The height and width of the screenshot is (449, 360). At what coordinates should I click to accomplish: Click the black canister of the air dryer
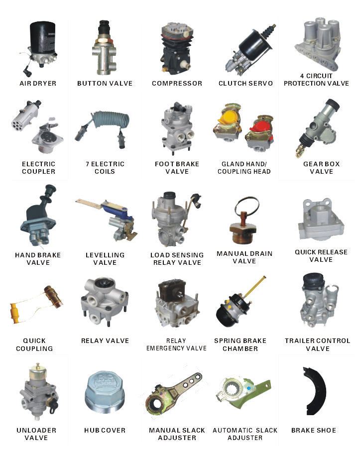coord(43,37)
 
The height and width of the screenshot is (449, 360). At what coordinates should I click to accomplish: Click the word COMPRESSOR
coord(177,84)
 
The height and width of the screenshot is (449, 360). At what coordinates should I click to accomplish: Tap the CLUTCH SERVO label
coord(246,84)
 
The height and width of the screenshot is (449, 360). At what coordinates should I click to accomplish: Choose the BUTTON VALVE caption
coord(105,84)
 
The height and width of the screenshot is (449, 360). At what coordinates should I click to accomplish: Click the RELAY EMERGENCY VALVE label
coord(176,344)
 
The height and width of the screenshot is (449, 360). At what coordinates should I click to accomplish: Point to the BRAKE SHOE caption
coord(314,431)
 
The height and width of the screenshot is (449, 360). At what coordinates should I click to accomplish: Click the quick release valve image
coord(321,219)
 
